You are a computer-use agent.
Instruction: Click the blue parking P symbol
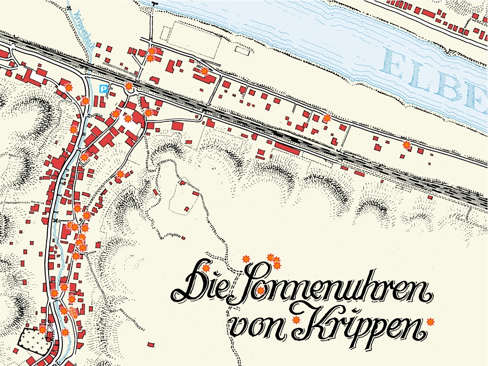(x=103, y=89)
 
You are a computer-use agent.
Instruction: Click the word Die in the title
(x=200, y=286)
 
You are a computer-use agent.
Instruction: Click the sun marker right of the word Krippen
(x=431, y=322)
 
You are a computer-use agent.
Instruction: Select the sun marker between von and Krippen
(x=297, y=320)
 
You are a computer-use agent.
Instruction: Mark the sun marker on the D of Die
(x=206, y=268)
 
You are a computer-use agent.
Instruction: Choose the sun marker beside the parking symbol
(x=129, y=86)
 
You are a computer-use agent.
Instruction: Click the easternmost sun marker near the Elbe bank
(x=406, y=145)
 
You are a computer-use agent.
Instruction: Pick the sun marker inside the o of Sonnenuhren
(x=260, y=290)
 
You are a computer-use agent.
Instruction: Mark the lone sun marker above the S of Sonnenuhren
(x=246, y=259)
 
